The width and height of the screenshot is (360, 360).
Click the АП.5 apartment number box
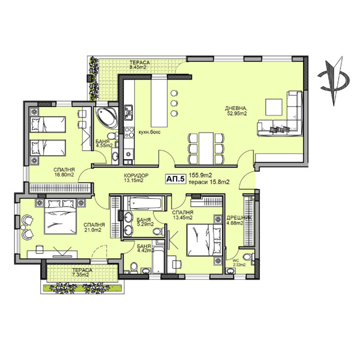click(175, 179)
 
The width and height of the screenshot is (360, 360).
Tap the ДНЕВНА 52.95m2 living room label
click(236, 110)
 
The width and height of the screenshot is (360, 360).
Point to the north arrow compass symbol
click(334, 81)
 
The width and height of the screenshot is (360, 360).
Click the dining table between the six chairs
click(206, 148)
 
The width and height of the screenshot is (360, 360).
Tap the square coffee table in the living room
click(274, 107)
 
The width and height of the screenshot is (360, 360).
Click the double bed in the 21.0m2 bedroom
click(60, 216)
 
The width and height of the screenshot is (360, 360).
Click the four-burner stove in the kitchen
click(129, 132)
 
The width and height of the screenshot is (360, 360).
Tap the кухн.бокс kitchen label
click(150, 132)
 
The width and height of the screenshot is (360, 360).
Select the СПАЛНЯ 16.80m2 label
click(64, 172)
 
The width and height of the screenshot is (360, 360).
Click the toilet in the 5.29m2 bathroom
click(158, 231)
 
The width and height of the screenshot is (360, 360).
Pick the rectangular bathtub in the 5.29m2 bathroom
click(145, 203)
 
